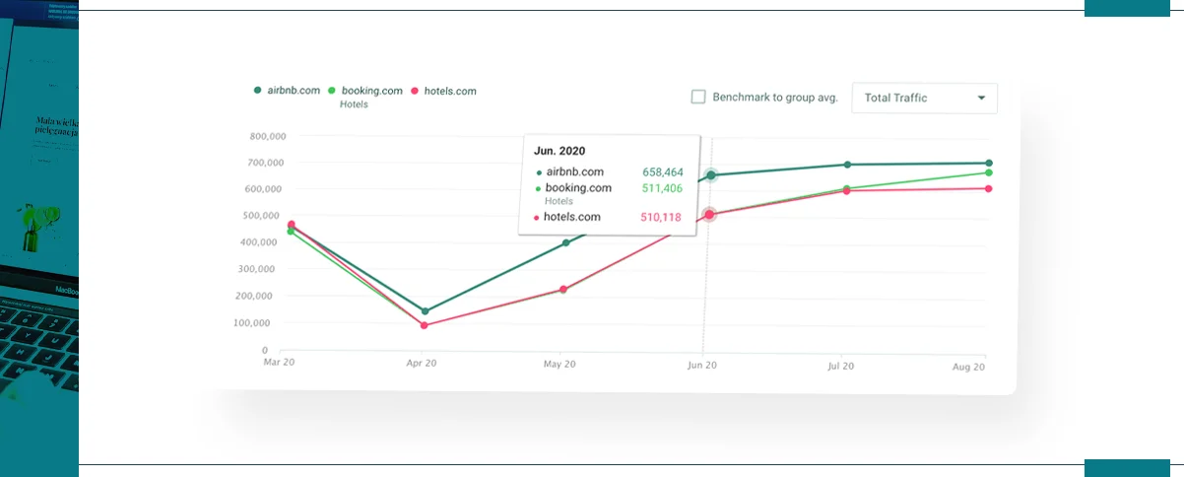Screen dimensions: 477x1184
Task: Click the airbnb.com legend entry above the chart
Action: [x=288, y=91]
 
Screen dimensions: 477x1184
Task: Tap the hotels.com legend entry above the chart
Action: [x=443, y=91]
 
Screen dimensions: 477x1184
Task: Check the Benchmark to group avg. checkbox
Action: [x=698, y=98]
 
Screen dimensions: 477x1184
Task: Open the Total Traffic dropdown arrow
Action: [x=981, y=99]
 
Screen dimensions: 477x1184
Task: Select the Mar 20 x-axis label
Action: [x=279, y=363]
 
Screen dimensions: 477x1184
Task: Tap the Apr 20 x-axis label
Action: [x=421, y=364]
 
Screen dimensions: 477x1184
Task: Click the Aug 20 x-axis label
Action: [x=969, y=367]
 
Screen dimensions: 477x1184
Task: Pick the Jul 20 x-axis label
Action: [x=839, y=366]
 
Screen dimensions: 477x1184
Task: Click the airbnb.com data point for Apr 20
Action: [x=425, y=311]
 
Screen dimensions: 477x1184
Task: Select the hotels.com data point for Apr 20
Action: [x=425, y=325]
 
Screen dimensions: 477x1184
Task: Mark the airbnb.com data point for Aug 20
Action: [x=989, y=164]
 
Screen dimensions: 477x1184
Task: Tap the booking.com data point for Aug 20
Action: [x=989, y=173]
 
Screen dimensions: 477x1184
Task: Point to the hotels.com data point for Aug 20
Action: [x=989, y=189]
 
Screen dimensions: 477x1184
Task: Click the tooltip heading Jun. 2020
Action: [x=559, y=152]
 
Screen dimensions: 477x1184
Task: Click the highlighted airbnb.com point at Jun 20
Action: [x=710, y=175]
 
